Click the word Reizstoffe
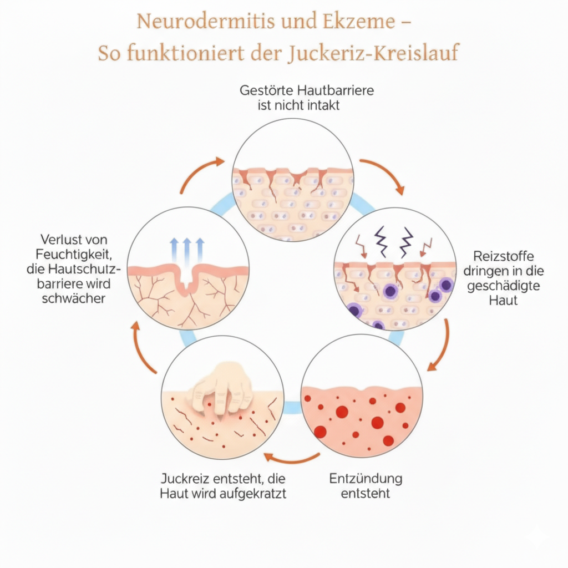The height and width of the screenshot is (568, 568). [504, 256]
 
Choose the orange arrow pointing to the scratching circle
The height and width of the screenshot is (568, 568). [291, 458]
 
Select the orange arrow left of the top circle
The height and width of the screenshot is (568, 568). [201, 173]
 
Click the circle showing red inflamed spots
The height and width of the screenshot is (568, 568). [361, 397]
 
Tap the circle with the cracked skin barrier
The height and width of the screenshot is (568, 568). [292, 180]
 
